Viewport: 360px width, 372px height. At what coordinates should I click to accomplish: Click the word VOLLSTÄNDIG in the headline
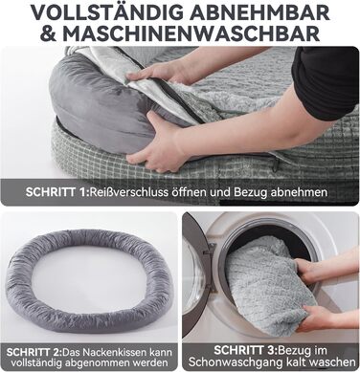pyautogui.click(x=107, y=12)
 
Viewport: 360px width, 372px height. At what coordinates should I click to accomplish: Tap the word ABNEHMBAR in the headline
pyautogui.click(x=260, y=12)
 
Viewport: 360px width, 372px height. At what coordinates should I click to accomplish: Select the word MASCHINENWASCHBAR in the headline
pyautogui.click(x=191, y=33)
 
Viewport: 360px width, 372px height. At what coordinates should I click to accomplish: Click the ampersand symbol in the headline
pyautogui.click(x=49, y=33)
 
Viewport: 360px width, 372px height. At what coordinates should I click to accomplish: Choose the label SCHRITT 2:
pyautogui.click(x=34, y=352)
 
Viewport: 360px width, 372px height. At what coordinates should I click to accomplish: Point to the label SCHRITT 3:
pyautogui.click(x=244, y=350)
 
